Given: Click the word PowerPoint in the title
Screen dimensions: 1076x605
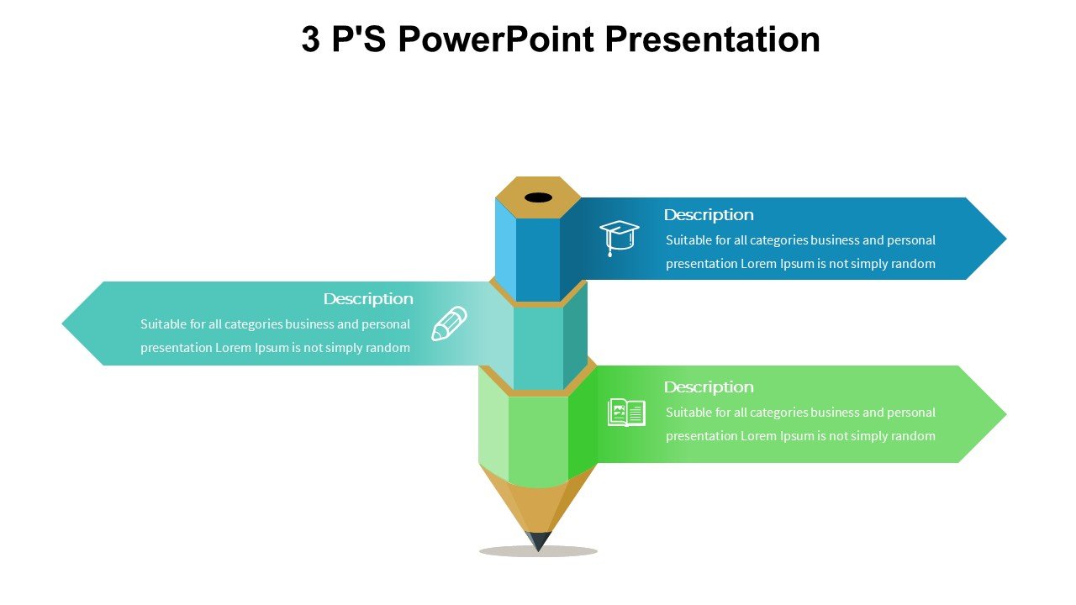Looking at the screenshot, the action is (496, 39).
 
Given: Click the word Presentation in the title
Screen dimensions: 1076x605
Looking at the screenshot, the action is (712, 39).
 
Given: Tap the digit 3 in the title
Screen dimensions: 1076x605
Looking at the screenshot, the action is (311, 39).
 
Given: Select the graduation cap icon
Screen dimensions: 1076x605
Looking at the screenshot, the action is (620, 238).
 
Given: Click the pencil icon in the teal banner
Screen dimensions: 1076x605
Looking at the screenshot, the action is (449, 324).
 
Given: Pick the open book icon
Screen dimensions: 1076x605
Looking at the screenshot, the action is (626, 412).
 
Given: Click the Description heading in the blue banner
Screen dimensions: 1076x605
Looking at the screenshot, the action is (709, 215).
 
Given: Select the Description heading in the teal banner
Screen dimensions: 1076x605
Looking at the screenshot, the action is (368, 299).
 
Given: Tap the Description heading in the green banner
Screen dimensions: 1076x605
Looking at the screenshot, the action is (709, 387).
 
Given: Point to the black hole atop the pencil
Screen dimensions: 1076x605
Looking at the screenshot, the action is (539, 197).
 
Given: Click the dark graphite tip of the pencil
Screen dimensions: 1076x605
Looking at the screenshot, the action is (539, 541).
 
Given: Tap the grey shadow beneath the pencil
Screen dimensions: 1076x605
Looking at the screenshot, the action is (538, 551).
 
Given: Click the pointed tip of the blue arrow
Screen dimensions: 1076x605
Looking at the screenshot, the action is (1006, 238).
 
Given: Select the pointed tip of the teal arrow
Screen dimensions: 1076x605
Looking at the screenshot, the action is (62, 324).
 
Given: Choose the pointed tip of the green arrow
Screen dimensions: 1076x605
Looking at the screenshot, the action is (1006, 414).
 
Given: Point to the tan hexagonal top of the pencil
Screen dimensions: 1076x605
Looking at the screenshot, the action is (538, 197).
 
